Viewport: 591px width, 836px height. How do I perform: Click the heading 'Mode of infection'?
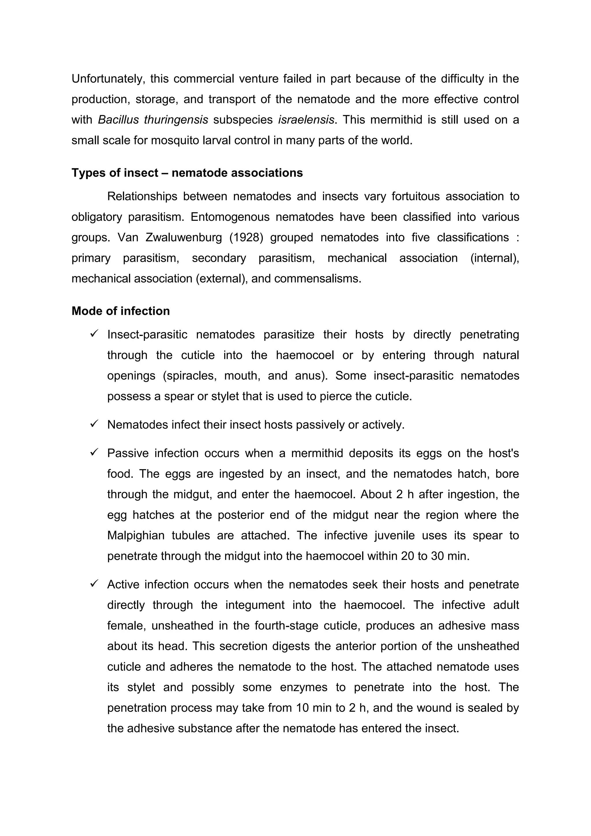click(x=121, y=311)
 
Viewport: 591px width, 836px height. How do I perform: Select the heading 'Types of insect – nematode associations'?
click(x=187, y=173)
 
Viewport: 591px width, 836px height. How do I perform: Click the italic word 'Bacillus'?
click(x=116, y=120)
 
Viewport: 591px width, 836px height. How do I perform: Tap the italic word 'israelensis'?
click(x=306, y=120)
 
